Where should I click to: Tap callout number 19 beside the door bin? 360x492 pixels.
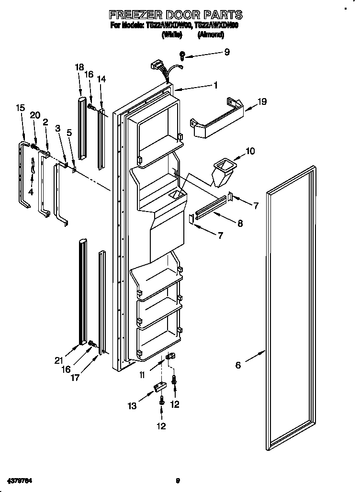[x=262, y=101]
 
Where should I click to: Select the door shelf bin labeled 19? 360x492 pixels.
[x=218, y=119]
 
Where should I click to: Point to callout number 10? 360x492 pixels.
[x=250, y=152]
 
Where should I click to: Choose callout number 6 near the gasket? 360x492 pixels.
[x=238, y=366]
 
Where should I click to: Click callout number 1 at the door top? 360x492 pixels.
[x=216, y=85]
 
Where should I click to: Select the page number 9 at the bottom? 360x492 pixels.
[x=178, y=480]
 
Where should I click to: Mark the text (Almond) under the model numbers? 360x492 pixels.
[x=211, y=34]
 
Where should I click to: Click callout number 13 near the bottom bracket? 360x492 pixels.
[x=132, y=406]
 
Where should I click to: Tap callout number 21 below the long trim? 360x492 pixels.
[x=59, y=360]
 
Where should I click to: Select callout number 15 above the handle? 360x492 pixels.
[x=20, y=108]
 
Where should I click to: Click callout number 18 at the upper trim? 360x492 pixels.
[x=79, y=67]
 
